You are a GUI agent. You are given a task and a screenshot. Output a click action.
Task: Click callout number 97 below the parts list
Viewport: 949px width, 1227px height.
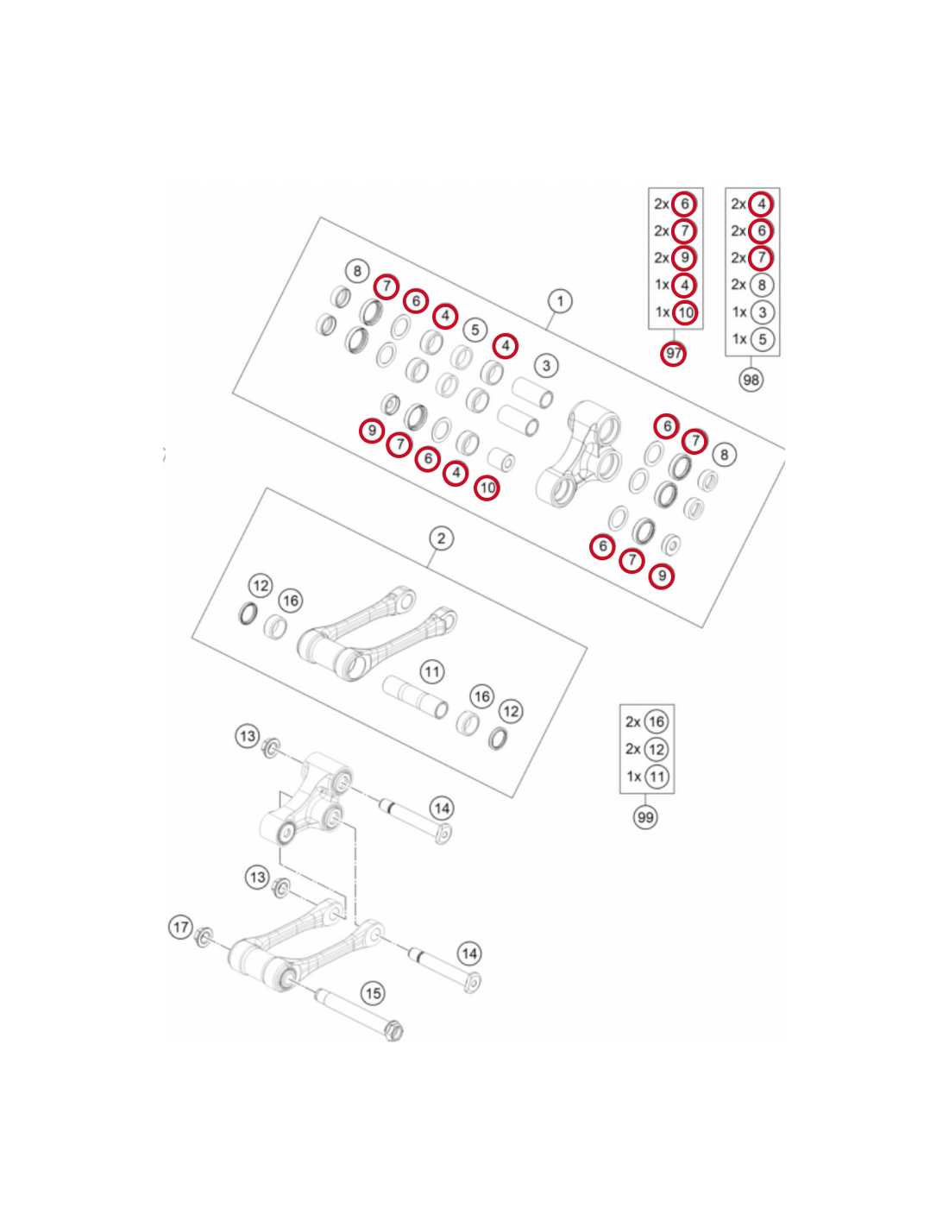[x=674, y=354]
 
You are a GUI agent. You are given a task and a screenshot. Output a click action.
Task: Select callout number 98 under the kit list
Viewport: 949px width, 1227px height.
[x=751, y=380]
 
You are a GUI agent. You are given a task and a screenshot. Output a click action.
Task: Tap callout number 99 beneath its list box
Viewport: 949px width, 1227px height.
[x=645, y=817]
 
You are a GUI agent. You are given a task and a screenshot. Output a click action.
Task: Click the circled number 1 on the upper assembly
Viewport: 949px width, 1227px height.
[x=560, y=301]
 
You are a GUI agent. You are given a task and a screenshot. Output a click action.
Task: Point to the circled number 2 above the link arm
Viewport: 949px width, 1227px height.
[x=441, y=538]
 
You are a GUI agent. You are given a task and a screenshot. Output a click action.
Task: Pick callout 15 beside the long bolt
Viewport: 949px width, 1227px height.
[x=374, y=994]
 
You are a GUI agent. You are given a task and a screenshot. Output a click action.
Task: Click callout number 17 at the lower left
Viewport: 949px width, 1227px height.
[x=180, y=928]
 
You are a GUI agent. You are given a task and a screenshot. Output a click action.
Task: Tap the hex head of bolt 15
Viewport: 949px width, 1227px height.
[x=393, y=1032]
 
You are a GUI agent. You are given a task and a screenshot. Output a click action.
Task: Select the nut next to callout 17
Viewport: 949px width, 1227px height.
[x=204, y=938]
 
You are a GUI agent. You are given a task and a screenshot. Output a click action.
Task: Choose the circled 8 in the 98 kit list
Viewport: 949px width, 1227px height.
[x=762, y=285]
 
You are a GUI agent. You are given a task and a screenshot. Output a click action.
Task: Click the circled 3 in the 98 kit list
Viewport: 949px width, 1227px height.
[x=762, y=312]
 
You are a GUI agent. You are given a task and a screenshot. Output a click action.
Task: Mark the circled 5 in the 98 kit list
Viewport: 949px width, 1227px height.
[x=762, y=339]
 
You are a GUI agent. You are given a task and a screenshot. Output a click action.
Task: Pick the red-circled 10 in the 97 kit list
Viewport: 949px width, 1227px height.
[x=685, y=312]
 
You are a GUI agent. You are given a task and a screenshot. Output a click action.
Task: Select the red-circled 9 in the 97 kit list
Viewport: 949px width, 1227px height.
[x=684, y=258]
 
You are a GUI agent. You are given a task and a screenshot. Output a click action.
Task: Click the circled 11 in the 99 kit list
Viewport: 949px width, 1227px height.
[x=657, y=777]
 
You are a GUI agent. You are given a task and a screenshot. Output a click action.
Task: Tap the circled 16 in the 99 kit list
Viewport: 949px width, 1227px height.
[x=656, y=721]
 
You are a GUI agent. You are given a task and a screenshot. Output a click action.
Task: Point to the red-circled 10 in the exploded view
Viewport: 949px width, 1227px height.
[x=487, y=488]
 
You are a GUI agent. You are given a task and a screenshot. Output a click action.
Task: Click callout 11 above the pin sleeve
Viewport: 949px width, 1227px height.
[x=432, y=672]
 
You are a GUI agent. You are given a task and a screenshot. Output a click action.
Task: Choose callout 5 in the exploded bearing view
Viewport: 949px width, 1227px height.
[x=474, y=330]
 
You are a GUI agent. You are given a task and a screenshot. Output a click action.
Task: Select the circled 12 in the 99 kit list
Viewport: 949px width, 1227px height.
[x=656, y=749]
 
